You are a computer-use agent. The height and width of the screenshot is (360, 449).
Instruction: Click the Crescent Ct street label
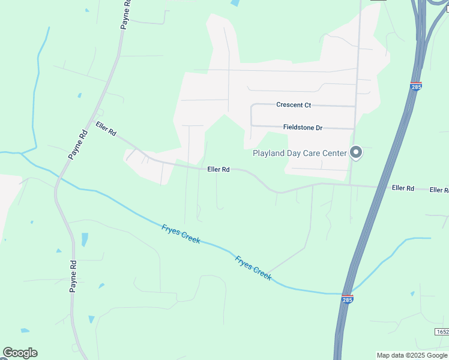pyautogui.click(x=294, y=105)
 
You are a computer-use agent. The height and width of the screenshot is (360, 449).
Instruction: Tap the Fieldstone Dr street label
pyautogui.click(x=303, y=128)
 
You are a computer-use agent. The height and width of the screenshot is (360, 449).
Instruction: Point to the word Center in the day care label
pyautogui.click(x=334, y=153)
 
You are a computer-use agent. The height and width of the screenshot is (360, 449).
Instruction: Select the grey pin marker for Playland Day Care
pyautogui.click(x=356, y=152)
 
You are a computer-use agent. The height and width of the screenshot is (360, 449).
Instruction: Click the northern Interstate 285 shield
pyautogui.click(x=416, y=86)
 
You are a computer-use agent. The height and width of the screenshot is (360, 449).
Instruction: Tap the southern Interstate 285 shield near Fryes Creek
pyautogui.click(x=348, y=299)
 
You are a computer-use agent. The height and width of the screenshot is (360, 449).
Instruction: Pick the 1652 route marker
pyautogui.click(x=442, y=332)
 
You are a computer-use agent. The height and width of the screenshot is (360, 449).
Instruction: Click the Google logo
pyautogui.click(x=20, y=352)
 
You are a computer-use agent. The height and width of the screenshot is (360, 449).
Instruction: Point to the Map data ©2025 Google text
pyautogui.click(x=412, y=355)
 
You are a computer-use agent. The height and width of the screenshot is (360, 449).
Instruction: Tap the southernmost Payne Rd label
pyautogui.click(x=73, y=276)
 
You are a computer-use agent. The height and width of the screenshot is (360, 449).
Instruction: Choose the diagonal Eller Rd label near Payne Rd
pyautogui.click(x=106, y=128)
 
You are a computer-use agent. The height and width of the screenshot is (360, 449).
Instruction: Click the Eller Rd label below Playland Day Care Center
pyautogui.click(x=218, y=170)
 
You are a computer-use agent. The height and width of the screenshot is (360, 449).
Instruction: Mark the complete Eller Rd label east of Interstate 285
pyautogui.click(x=403, y=188)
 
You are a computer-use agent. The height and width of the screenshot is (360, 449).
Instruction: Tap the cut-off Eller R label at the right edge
pyautogui.click(x=439, y=190)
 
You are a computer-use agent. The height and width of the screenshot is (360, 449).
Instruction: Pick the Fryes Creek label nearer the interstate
pyautogui.click(x=253, y=268)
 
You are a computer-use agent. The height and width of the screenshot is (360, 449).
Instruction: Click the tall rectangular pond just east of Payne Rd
pyautogui.click(x=85, y=239)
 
